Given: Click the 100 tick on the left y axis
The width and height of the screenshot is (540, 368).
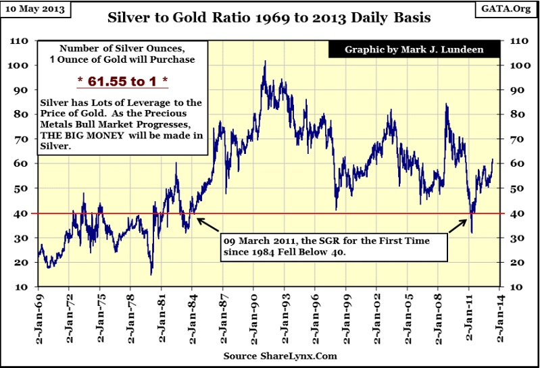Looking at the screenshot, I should (x=24, y=66).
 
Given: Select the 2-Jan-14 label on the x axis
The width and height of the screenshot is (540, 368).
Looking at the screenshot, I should (x=499, y=319).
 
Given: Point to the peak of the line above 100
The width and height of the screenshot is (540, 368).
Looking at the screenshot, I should (x=264, y=61).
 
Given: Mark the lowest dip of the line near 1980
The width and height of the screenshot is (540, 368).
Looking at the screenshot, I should (x=151, y=274).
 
